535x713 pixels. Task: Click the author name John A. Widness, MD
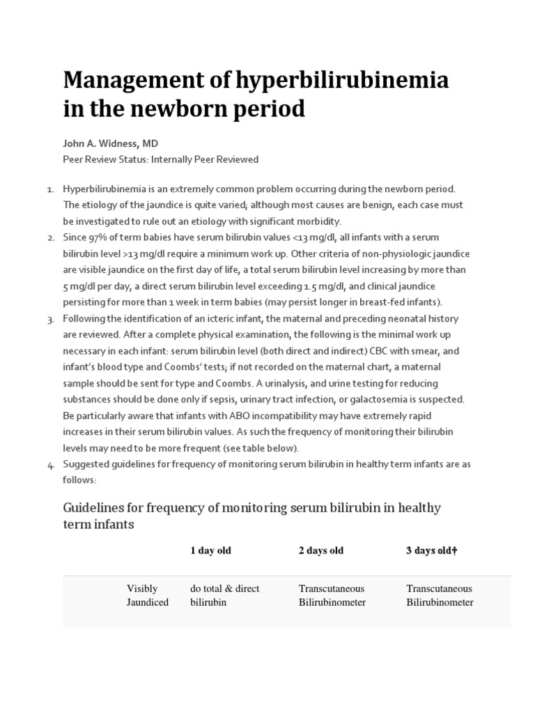(x=111, y=143)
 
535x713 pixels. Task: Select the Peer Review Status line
(x=160, y=159)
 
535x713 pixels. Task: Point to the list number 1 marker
(x=50, y=190)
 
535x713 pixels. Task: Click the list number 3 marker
(x=50, y=320)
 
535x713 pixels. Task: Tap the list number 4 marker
(x=50, y=465)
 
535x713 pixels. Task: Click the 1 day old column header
(x=210, y=551)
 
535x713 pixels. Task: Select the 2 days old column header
(x=321, y=551)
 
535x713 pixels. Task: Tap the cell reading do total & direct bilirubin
(x=224, y=595)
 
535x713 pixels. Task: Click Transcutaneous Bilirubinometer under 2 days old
(x=332, y=595)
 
